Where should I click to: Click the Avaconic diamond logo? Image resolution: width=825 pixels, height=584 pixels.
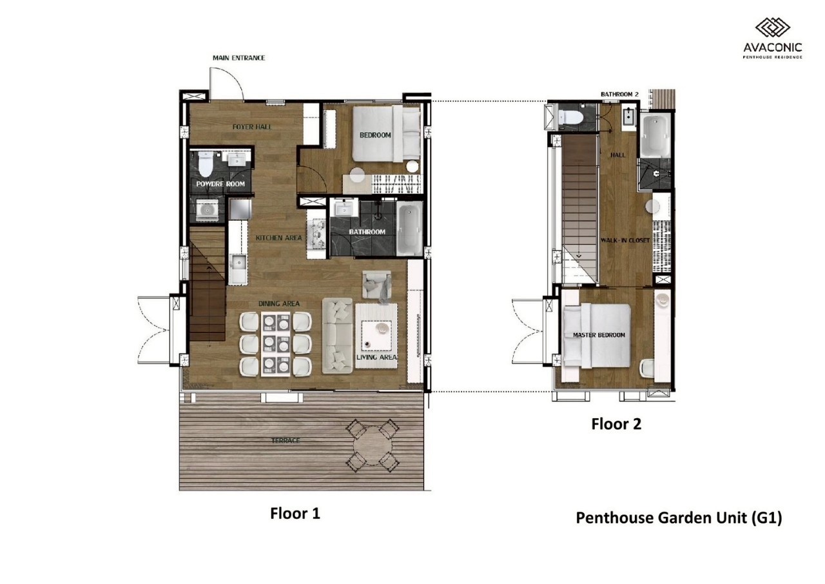tap(772, 28)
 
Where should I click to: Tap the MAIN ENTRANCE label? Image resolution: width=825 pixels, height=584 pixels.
tap(238, 58)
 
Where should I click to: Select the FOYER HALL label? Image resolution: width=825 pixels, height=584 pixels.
tap(252, 127)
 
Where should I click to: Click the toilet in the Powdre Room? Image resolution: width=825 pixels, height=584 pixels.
tap(206, 164)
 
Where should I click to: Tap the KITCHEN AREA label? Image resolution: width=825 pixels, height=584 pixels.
tap(279, 238)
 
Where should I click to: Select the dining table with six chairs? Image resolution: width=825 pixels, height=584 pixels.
tap(275, 344)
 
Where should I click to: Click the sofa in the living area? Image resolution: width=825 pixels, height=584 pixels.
tap(337, 336)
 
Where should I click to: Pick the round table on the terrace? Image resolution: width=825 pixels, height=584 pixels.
tap(373, 446)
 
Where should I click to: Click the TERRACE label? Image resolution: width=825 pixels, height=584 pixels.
tap(286, 441)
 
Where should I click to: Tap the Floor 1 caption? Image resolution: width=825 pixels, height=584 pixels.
tap(295, 513)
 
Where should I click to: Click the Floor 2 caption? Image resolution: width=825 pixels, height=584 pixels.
tap(616, 424)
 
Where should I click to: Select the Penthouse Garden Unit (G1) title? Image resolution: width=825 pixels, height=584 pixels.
tap(679, 518)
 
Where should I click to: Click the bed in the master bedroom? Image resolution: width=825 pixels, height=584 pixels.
tap(597, 336)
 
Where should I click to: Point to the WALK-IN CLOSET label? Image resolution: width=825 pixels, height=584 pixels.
tap(625, 241)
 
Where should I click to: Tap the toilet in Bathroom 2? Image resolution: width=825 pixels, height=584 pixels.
tap(571, 117)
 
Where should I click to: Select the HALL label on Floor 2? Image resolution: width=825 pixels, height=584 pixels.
tap(617, 156)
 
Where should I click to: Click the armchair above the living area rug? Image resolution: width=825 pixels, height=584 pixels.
tap(377, 285)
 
